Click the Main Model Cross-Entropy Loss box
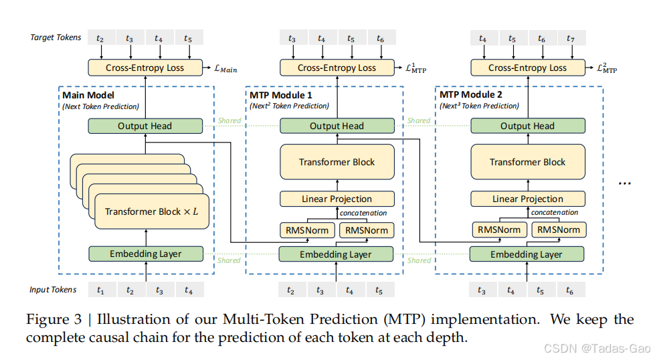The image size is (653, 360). point(145,68)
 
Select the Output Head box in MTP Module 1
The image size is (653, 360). point(337,126)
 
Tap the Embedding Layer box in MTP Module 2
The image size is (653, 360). point(527,254)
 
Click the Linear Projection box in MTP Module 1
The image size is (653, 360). point(337,199)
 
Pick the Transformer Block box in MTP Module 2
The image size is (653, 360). point(528,162)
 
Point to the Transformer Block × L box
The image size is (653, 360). point(152,211)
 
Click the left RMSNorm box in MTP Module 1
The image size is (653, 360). point(307,230)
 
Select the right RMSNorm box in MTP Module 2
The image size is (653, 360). point(559,230)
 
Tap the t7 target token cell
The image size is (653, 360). point(571,38)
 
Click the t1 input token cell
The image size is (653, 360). point(101,290)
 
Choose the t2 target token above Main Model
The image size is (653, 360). point(100,37)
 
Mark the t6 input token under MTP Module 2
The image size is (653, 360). point(570,290)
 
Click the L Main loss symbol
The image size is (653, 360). point(225,69)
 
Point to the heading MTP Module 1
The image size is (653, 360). point(281,95)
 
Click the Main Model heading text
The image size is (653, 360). point(88,95)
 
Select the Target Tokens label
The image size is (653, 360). point(56,37)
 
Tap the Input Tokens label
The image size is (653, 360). point(53,290)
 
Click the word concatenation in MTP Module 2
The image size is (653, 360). point(554,212)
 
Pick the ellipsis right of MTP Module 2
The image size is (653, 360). point(625,183)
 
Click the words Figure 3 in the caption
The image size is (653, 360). point(54,319)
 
